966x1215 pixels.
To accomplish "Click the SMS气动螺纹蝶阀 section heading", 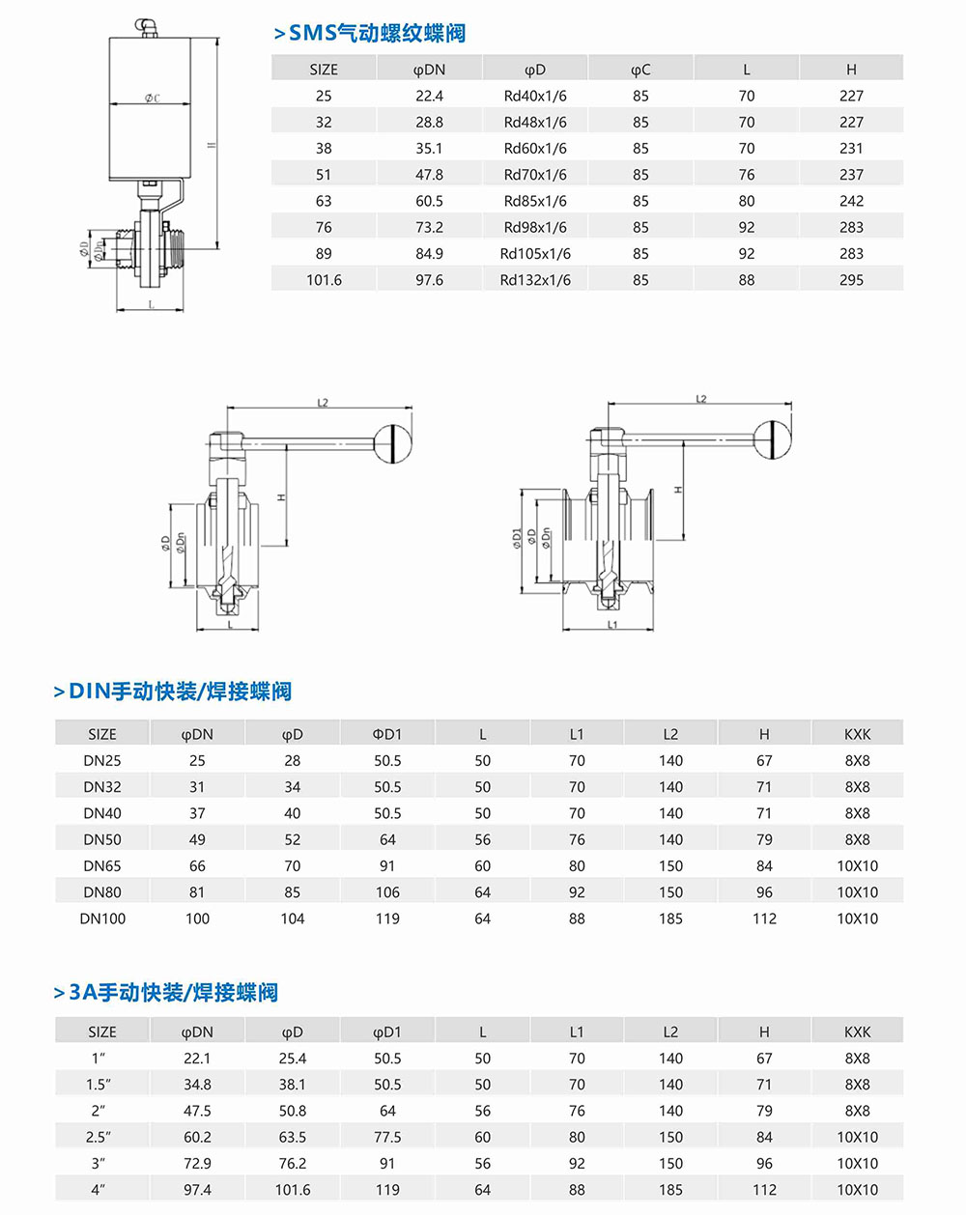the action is click(x=377, y=33).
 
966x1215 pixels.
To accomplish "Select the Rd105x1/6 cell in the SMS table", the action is click(x=535, y=253).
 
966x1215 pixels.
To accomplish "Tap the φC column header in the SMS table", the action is click(x=640, y=70).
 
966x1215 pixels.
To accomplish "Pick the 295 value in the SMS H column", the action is click(x=851, y=280).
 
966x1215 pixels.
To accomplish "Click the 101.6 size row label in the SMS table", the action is click(x=324, y=280).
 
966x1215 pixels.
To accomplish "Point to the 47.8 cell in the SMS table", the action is click(x=429, y=175).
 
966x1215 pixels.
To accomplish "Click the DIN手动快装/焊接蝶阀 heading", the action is click(x=180, y=692).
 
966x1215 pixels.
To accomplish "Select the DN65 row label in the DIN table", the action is click(x=102, y=866).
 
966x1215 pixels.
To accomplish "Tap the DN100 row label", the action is click(x=102, y=918).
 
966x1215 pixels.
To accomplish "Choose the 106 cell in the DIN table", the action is click(x=387, y=892).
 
